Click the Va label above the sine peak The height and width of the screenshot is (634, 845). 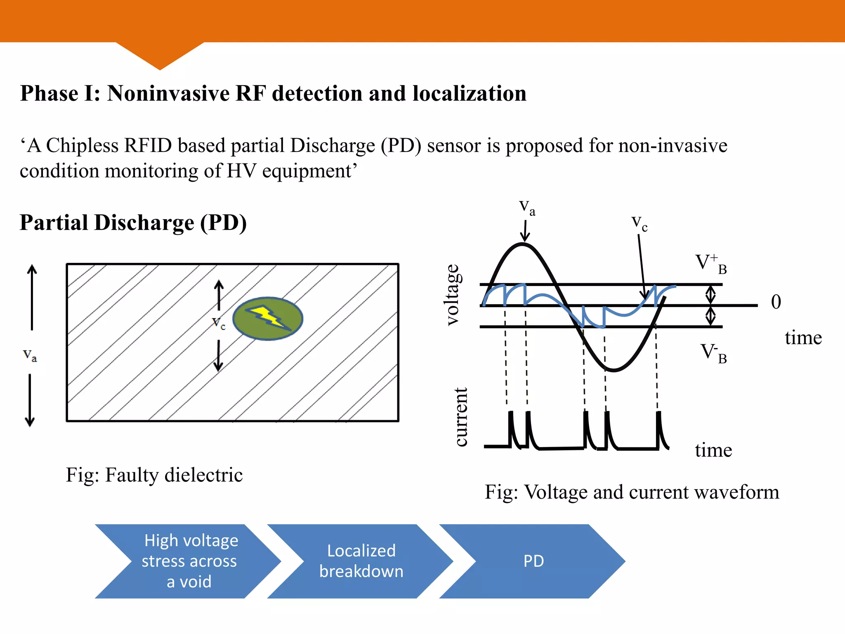click(527, 208)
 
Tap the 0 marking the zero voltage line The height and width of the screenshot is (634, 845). click(776, 302)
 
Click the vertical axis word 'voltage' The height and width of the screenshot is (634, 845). click(453, 295)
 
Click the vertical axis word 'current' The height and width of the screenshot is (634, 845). click(461, 417)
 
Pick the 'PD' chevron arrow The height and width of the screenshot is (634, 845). click(533, 561)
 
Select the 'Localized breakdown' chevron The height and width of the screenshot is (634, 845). click(361, 561)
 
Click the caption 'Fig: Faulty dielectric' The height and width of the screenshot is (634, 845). click(154, 475)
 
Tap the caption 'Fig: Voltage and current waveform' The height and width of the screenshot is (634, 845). click(632, 492)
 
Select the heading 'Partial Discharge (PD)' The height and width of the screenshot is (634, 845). click(133, 223)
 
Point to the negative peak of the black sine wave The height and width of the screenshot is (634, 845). click(614, 370)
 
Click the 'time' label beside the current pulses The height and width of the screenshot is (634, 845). click(713, 450)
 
